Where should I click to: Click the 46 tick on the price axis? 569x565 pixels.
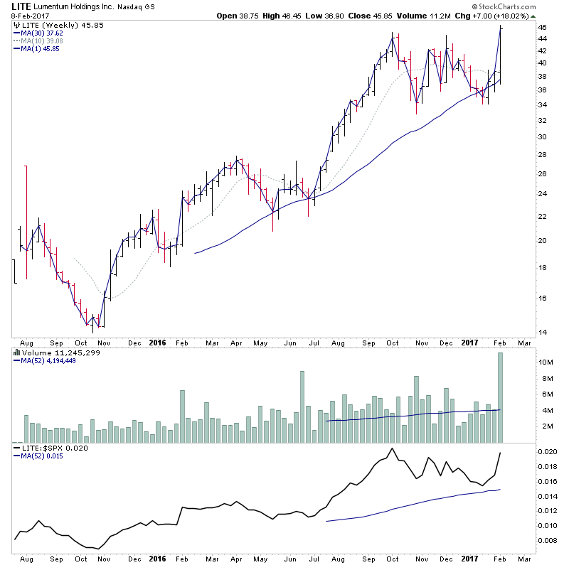[x=542, y=28]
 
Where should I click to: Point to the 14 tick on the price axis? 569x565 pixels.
[x=542, y=332]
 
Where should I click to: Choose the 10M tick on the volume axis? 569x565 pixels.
[x=546, y=362]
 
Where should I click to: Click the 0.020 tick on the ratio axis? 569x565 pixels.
[x=548, y=452]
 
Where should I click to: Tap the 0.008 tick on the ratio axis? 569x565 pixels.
[x=548, y=540]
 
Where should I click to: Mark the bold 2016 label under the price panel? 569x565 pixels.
[x=157, y=342]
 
